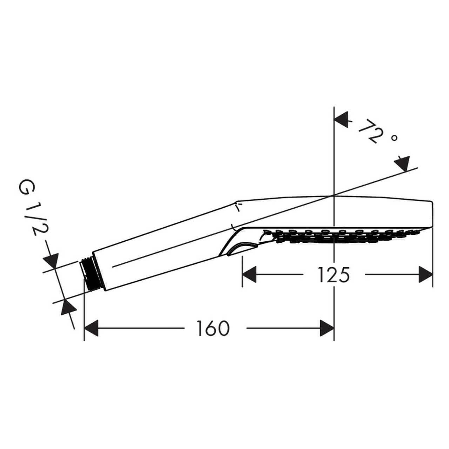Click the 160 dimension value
(213, 328)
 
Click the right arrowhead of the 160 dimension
(327, 328)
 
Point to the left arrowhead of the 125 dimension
(249, 274)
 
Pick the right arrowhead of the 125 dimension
(426, 274)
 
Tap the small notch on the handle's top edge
(238, 207)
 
